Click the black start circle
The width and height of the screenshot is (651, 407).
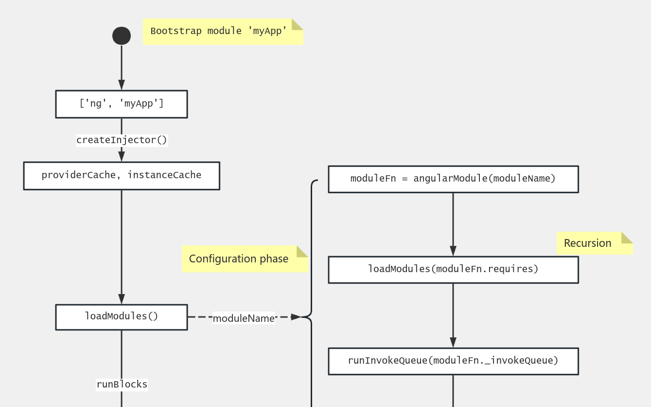pos(122,36)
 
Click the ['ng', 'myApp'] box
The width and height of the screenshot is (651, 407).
pos(122,104)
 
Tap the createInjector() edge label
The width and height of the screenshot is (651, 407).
pos(122,140)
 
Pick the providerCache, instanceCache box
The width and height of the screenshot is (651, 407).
pos(122,175)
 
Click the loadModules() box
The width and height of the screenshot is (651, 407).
pos(122,317)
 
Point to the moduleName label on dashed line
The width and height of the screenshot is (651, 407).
pos(244,318)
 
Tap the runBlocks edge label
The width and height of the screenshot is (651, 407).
pos(122,385)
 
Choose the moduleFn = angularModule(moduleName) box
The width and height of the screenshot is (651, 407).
pos(453,179)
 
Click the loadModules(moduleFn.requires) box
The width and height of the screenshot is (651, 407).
pos(453,269)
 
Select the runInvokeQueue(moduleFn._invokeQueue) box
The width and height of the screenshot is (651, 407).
pos(453,361)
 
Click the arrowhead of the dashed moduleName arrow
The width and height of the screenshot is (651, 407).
pos(296,317)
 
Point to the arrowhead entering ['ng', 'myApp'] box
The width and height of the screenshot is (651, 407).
pos(122,85)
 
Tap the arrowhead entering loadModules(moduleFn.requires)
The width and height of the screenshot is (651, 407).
pos(453,251)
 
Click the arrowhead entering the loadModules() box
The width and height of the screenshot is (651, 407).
pos(122,299)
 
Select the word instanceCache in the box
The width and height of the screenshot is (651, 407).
pos(164,175)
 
